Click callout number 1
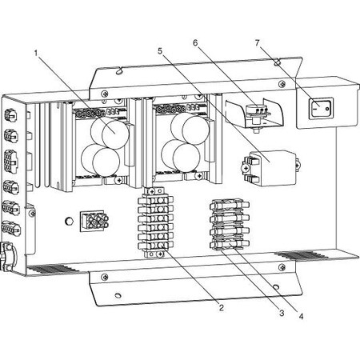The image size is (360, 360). click(x=36, y=54)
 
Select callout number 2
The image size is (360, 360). click(x=221, y=308)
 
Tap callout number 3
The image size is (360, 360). click(x=282, y=313)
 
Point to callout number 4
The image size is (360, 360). click(x=301, y=316)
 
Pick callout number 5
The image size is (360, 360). click(x=160, y=50)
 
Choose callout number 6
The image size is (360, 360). click(x=195, y=42)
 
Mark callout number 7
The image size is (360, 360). click(x=257, y=42)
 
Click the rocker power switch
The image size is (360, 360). click(x=321, y=109)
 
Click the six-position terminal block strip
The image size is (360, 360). click(x=155, y=222)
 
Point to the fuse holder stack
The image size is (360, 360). click(x=230, y=224)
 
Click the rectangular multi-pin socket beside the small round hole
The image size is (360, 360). click(x=94, y=220)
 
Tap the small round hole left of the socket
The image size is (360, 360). click(x=69, y=221)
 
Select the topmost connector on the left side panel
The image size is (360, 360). click(x=10, y=115)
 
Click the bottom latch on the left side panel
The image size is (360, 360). click(x=8, y=255)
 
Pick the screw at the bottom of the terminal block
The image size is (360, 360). click(x=160, y=254)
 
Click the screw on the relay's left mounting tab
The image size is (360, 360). click(x=246, y=169)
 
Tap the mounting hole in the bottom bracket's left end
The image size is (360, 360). click(x=117, y=295)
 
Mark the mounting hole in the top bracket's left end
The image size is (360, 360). click(x=118, y=71)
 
